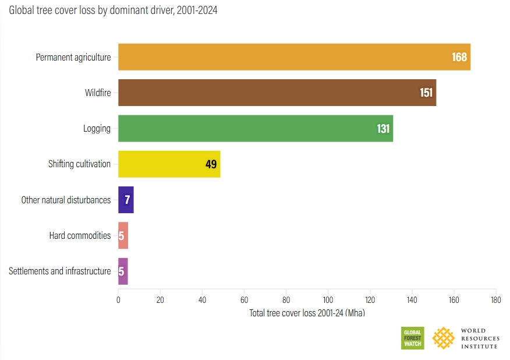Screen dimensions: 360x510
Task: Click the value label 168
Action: point(459,57)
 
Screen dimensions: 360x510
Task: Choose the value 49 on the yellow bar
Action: point(211,164)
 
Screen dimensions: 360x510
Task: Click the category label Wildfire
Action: point(98,93)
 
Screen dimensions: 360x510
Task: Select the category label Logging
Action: point(97,128)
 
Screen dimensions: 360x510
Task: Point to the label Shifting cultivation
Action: point(79,164)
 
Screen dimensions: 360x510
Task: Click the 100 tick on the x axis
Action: point(328,300)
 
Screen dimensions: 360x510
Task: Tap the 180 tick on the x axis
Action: point(495,300)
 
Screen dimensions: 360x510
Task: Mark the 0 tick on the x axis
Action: point(118,300)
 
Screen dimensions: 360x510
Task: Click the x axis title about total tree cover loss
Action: point(307,313)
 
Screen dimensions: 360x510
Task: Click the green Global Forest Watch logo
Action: point(412,338)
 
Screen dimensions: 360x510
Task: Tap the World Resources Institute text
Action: point(479,338)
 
